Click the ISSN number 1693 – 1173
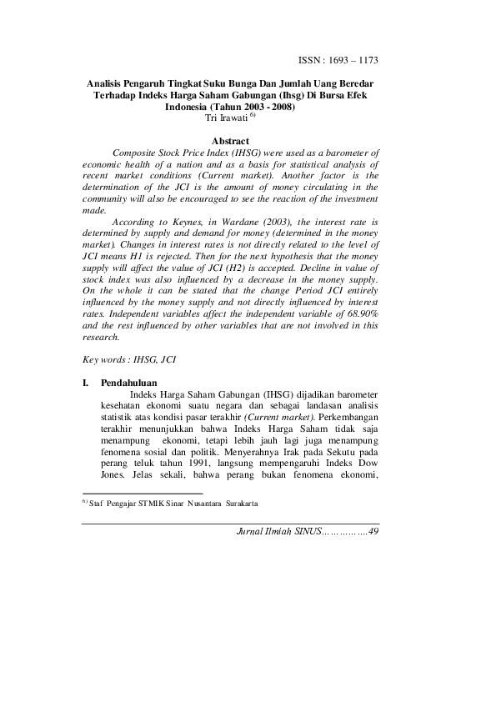(350, 61)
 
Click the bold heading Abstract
(232, 142)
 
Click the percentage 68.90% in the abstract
(360, 311)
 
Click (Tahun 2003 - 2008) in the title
(248, 108)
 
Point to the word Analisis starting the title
(111, 84)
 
